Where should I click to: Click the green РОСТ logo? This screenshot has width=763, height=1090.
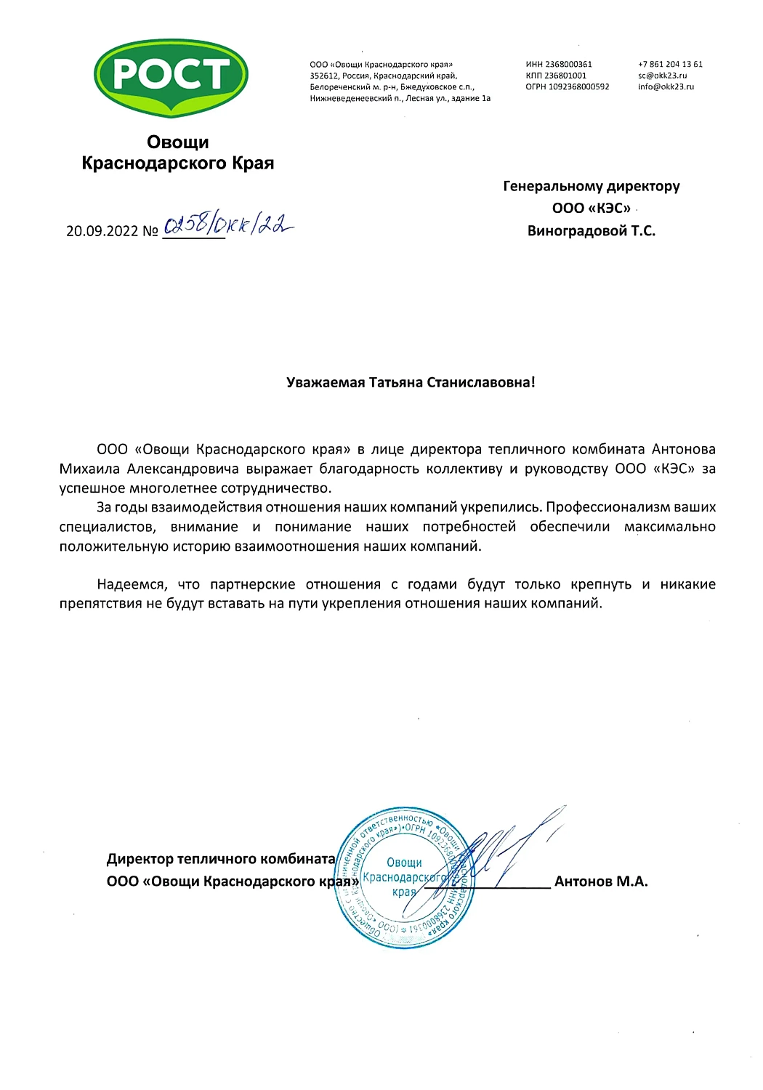[x=171, y=76]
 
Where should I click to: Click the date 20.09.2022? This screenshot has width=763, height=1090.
[x=102, y=231]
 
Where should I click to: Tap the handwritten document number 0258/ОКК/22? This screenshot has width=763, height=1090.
[x=228, y=225]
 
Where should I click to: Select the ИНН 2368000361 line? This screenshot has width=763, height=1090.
[x=559, y=65]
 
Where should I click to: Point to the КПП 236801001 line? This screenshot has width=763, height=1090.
[x=556, y=76]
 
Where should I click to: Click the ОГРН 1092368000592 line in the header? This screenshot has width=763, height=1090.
[x=568, y=86]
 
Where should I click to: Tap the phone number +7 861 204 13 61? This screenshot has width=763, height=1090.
[x=670, y=65]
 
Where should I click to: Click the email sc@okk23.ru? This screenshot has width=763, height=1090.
[x=662, y=76]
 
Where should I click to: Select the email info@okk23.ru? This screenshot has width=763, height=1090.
[x=666, y=86]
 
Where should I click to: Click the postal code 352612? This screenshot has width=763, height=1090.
[x=323, y=76]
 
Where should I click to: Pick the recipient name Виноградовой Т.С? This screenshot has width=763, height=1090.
[x=591, y=231]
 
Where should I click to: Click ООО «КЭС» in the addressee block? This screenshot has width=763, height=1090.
[x=591, y=209]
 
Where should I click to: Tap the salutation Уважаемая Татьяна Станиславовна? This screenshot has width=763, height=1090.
[x=411, y=382]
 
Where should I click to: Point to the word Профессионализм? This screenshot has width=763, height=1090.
[x=603, y=507]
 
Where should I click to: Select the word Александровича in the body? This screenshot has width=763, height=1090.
[x=182, y=469]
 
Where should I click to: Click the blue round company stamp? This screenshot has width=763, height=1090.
[x=405, y=878]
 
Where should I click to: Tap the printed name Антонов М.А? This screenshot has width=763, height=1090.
[x=601, y=881]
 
